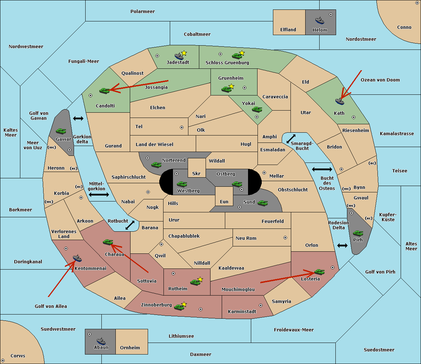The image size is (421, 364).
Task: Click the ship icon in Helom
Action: (x=320, y=20)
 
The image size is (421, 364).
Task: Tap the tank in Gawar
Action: (x=61, y=131)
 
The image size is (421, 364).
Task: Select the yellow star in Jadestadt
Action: (x=184, y=53)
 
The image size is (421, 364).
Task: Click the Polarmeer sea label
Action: (x=142, y=12)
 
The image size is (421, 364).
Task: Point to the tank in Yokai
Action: (x=257, y=110)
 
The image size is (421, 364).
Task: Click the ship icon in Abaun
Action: (x=101, y=341)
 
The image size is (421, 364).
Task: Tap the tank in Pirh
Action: (x=358, y=233)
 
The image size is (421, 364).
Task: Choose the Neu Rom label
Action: (x=246, y=238)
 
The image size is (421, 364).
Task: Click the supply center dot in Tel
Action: (x=182, y=127)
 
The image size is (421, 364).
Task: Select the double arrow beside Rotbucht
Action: (x=130, y=225)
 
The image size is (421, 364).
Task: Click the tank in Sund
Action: (x=262, y=203)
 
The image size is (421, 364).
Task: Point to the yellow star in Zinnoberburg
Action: (x=184, y=304)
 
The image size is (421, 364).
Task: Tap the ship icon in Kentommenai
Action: (x=77, y=258)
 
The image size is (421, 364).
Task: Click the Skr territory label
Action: (x=196, y=173)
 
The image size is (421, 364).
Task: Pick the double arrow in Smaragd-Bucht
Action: (x=291, y=139)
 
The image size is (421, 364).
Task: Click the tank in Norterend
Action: (x=156, y=165)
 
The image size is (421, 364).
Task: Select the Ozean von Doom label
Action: (x=380, y=80)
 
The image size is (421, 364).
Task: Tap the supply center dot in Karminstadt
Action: (x=261, y=305)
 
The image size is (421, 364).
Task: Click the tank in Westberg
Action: (x=182, y=184)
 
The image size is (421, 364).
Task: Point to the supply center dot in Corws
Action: (x=3, y=360)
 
